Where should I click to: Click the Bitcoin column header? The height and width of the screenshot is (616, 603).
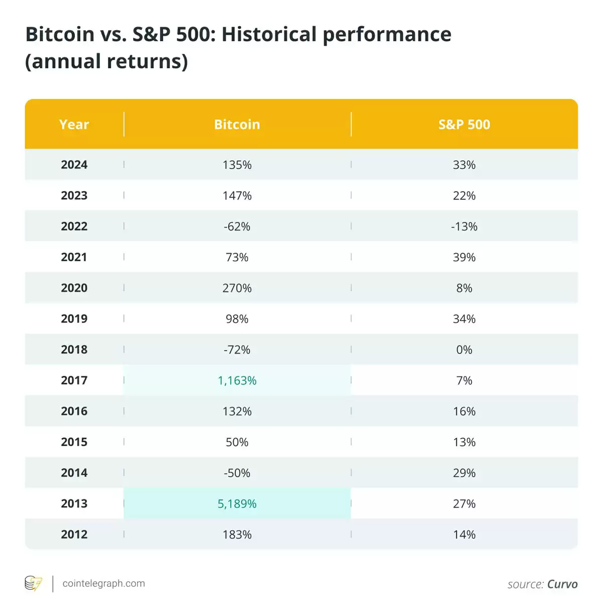pos(237,125)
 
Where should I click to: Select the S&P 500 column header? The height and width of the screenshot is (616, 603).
pos(464,125)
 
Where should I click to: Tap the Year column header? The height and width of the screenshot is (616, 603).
pos(74,125)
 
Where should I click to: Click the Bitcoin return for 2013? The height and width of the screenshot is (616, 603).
pos(237,503)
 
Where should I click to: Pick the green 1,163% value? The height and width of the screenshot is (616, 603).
pos(237,380)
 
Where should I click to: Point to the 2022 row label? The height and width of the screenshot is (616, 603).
pos(74,227)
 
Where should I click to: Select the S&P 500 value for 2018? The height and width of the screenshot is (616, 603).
pos(464,350)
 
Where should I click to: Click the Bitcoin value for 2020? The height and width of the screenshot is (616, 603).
pos(237,288)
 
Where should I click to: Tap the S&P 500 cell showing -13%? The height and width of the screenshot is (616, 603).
pos(464,227)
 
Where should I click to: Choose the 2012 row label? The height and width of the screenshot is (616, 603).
pos(74,535)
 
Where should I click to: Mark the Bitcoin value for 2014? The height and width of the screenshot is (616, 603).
pos(237,473)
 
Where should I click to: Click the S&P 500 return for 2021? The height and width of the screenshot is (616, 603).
pos(464,257)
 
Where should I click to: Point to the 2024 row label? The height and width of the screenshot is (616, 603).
pos(74,165)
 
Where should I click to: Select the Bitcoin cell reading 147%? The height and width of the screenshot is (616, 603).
pos(237,195)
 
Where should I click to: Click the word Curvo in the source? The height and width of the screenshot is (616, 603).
pos(562,584)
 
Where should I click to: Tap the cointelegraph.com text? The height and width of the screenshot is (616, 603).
pos(104,583)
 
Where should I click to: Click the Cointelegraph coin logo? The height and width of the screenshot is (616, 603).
pos(34,583)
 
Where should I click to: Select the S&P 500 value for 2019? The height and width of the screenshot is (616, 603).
pos(464,319)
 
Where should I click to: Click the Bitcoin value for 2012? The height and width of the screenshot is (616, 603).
pos(237,535)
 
